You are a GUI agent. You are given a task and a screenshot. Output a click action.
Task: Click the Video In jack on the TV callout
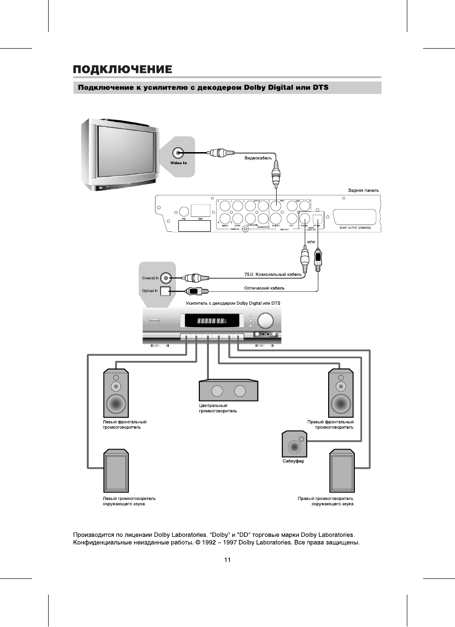[178, 153]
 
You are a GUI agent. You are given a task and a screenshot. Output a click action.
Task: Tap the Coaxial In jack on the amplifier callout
[165, 278]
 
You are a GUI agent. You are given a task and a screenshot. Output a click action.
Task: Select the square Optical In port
[165, 291]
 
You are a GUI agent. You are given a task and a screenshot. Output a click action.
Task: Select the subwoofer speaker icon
[294, 445]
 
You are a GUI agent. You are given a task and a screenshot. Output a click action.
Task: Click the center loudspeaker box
[228, 391]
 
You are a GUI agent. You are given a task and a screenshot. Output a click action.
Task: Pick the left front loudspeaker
[116, 394]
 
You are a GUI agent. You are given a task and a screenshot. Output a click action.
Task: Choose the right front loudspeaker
[341, 394]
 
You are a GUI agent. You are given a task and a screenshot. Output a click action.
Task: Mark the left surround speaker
[116, 471]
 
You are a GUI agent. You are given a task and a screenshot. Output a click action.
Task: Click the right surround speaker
[341, 471]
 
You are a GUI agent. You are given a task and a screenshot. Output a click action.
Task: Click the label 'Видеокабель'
[258, 158]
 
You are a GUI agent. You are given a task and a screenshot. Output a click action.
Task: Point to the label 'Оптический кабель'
[264, 288]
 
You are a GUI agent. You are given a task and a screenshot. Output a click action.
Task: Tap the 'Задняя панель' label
[363, 190]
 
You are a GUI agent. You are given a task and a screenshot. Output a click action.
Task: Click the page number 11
[227, 560]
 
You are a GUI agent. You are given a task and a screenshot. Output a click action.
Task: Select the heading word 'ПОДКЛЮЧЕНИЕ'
[123, 70]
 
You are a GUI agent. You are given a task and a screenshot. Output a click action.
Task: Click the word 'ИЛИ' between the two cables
[311, 242]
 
